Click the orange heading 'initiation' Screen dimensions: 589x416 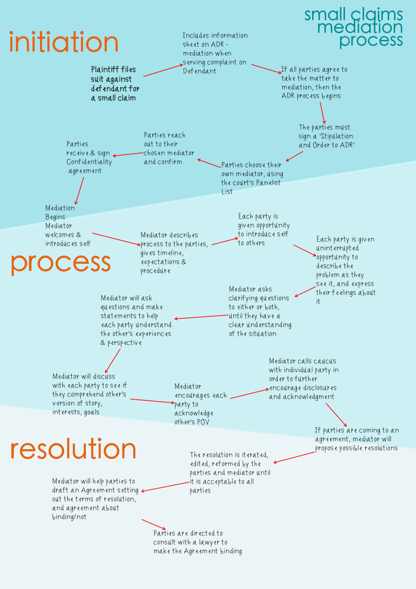[64, 42]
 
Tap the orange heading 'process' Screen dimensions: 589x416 [61, 263]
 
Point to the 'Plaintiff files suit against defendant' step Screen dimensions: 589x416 [115, 84]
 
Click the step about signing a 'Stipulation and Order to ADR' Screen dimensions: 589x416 [326, 136]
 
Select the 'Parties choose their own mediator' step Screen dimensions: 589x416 [252, 178]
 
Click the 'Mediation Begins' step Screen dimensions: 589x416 [67, 226]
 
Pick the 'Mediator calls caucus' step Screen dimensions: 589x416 [303, 379]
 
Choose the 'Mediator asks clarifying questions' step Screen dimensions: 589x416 [260, 311]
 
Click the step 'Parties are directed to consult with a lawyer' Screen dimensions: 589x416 [197, 542]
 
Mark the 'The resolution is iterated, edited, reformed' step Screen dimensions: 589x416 [230, 472]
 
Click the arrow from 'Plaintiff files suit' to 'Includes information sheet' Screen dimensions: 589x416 [163, 70]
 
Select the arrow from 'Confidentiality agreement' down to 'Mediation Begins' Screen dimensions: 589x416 [80, 191]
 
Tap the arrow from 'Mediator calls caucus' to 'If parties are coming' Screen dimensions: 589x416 [336, 415]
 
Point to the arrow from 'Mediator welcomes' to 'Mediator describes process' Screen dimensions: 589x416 [116, 239]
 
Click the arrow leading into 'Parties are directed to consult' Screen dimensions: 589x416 [154, 524]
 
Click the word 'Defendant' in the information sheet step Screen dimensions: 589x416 [199, 71]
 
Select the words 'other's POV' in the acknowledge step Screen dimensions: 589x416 [192, 422]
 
